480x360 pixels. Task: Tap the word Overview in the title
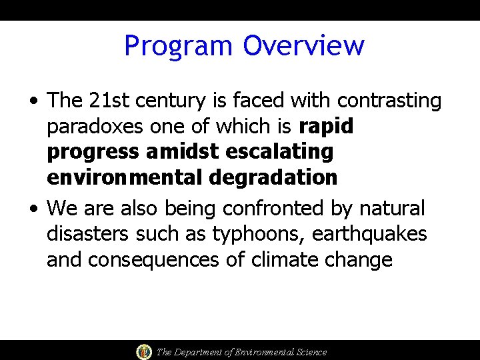pos(303,45)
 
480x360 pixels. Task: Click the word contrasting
pos(389,101)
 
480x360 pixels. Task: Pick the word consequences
pos(153,260)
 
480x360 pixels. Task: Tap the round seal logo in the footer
pos(143,351)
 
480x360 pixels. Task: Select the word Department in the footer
pos(200,352)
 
